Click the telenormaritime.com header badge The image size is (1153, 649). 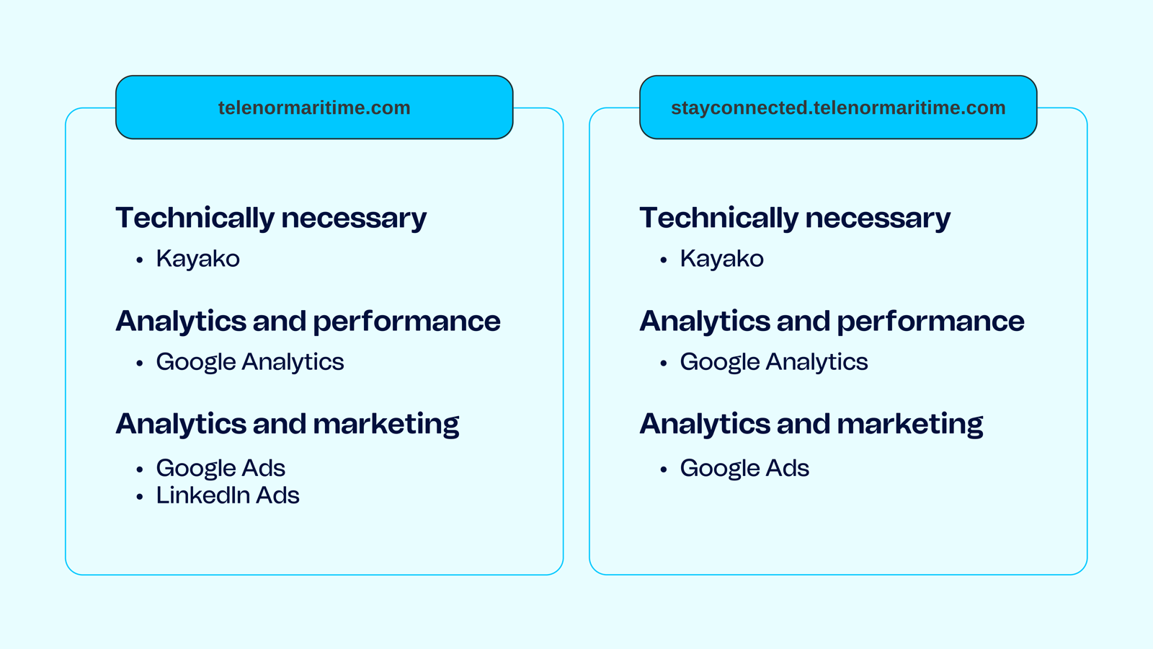tap(314, 107)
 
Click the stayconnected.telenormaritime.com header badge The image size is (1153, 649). tap(838, 107)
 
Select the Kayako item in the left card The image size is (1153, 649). tap(197, 259)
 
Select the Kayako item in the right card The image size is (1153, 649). tap(721, 259)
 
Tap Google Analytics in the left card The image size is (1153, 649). tap(249, 362)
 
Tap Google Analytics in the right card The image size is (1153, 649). tap(774, 362)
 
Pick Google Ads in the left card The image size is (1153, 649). tap(221, 468)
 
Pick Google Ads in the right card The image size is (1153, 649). tap(744, 468)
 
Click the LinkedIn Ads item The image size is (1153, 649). tap(228, 495)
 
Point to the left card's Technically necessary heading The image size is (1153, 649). tap(271, 218)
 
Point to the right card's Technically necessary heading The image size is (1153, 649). tap(796, 218)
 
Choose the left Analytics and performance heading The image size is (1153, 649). tap(308, 322)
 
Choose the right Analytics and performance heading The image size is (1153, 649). tap(832, 322)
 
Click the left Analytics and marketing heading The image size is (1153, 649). tap(288, 425)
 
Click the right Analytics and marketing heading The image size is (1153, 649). tap(811, 425)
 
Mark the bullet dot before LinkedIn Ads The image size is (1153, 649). tap(140, 497)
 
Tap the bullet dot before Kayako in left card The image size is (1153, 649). tap(140, 260)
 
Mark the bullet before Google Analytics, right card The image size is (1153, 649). tap(664, 363)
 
